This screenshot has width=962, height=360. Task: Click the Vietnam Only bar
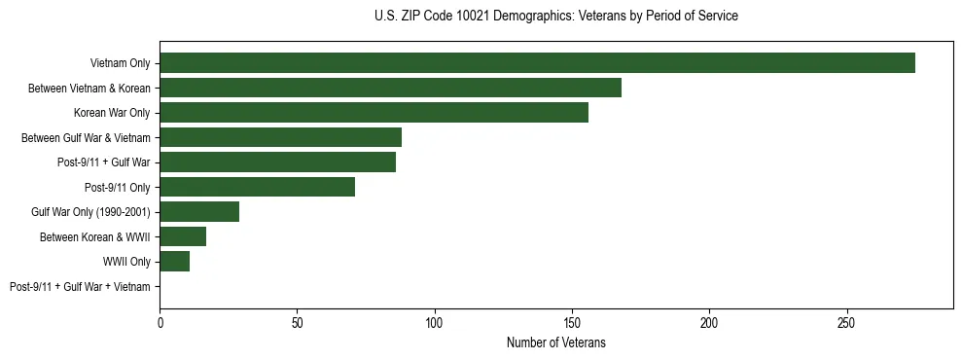537,63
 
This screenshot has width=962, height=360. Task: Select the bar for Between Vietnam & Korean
390,88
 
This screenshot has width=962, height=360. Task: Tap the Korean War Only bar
374,113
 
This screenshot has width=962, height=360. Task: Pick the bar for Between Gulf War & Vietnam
280,137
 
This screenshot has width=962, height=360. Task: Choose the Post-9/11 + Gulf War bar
277,162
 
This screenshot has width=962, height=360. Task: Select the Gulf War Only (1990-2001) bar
199,211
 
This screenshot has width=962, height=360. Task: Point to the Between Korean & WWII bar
183,236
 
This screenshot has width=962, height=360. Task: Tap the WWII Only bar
174,261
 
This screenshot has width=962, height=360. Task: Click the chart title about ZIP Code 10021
555,17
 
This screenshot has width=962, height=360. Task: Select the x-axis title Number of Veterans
555,342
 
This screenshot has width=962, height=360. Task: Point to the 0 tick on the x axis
160,322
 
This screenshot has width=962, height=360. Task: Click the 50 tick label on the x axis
297,322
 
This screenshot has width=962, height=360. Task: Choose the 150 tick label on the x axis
572,322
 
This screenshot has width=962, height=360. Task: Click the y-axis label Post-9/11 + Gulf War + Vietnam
80,286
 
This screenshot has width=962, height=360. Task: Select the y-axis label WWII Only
126,262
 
